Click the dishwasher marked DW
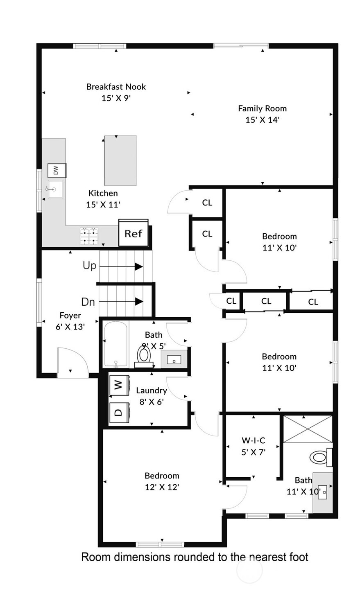pyautogui.click(x=57, y=170)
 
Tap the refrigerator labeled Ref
pyautogui.click(x=134, y=233)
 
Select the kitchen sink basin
pyautogui.click(x=56, y=189)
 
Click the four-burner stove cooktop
pyautogui.click(x=89, y=236)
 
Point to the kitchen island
pyautogui.click(x=120, y=160)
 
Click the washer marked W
pyautogui.click(x=119, y=385)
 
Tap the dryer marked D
pyautogui.click(x=119, y=413)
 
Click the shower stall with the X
pyautogui.click(x=308, y=429)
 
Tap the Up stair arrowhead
pyautogui.click(x=139, y=266)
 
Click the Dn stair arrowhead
pyautogui.click(x=139, y=301)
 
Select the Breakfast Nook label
pyautogui.click(x=116, y=86)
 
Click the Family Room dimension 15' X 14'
pyautogui.click(x=263, y=120)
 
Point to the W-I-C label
pyautogui.click(x=254, y=440)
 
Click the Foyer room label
pyautogui.click(x=70, y=315)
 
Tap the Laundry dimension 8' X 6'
pyautogui.click(x=152, y=402)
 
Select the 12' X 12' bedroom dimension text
pyautogui.click(x=162, y=487)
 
